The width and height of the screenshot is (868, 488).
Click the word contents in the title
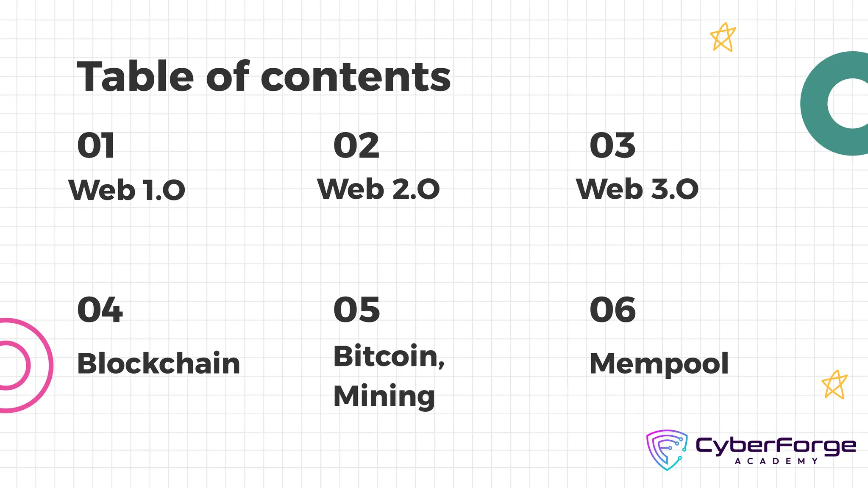pyautogui.click(x=356, y=78)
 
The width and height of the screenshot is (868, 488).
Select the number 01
pyautogui.click(x=96, y=146)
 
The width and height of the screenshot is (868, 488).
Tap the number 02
pyautogui.click(x=356, y=146)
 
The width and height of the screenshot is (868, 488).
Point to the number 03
pyautogui.click(x=612, y=146)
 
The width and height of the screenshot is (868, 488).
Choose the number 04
pyautogui.click(x=100, y=310)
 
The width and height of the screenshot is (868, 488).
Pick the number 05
pyautogui.click(x=356, y=310)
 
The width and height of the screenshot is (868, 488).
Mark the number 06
pyautogui.click(x=612, y=310)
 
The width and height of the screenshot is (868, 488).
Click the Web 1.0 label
pyautogui.click(x=127, y=190)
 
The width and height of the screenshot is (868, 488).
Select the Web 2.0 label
pyautogui.click(x=378, y=189)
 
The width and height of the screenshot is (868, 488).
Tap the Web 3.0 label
pyautogui.click(x=637, y=189)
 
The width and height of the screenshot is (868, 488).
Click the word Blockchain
pyautogui.click(x=159, y=364)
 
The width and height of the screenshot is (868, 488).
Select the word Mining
pyautogui.click(x=384, y=396)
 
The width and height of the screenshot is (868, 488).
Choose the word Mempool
pyautogui.click(x=659, y=364)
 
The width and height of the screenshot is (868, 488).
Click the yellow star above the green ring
pyautogui.click(x=723, y=38)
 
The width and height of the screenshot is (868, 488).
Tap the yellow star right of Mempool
pyautogui.click(x=834, y=385)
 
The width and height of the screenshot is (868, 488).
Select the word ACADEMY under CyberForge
pyautogui.click(x=776, y=461)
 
